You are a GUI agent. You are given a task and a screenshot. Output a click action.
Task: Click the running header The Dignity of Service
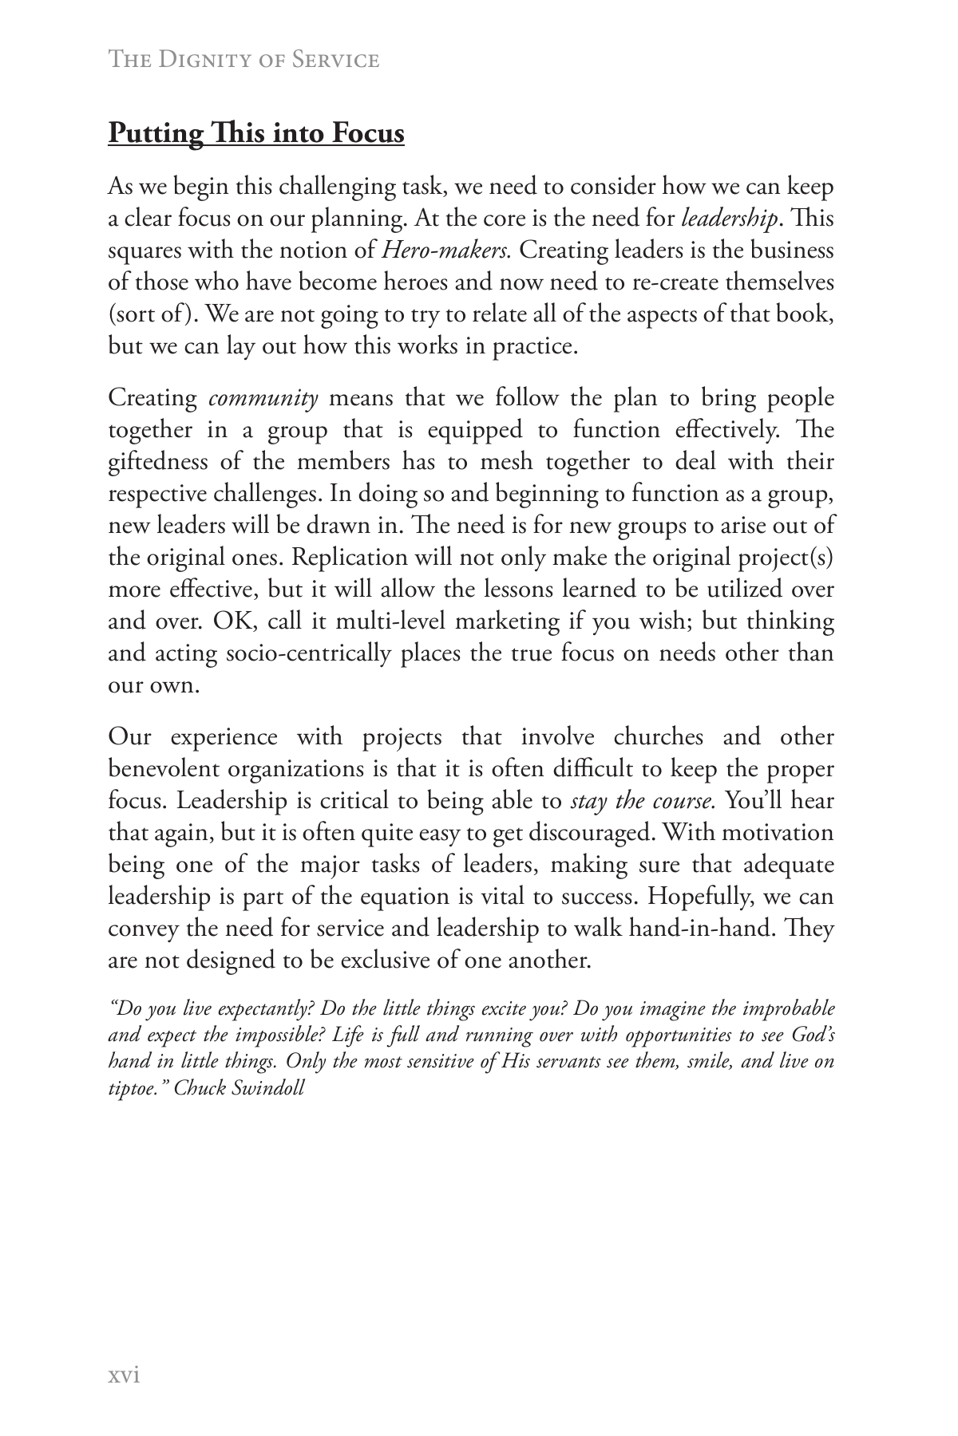(x=243, y=60)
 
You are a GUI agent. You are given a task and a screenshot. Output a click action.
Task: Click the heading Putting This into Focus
(x=256, y=132)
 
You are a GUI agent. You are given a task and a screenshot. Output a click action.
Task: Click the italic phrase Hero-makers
(x=445, y=251)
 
